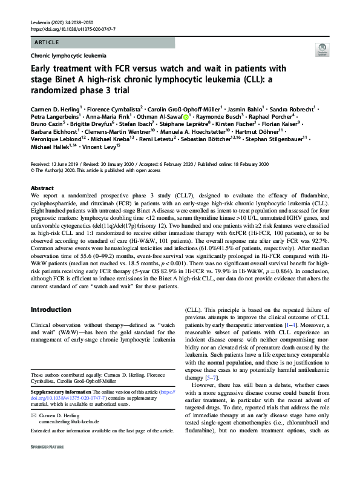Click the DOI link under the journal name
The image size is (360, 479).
[72, 28]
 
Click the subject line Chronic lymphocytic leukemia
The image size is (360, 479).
[68, 55]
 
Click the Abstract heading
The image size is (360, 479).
[42, 172]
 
